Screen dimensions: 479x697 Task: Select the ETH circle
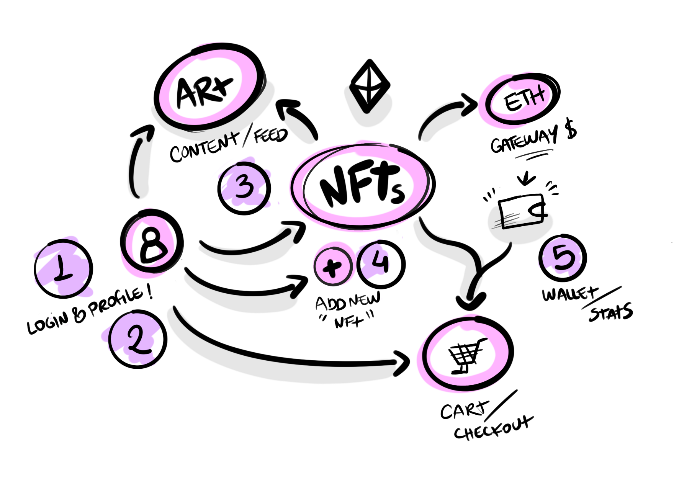(x=523, y=98)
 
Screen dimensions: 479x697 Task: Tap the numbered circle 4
(x=381, y=263)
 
